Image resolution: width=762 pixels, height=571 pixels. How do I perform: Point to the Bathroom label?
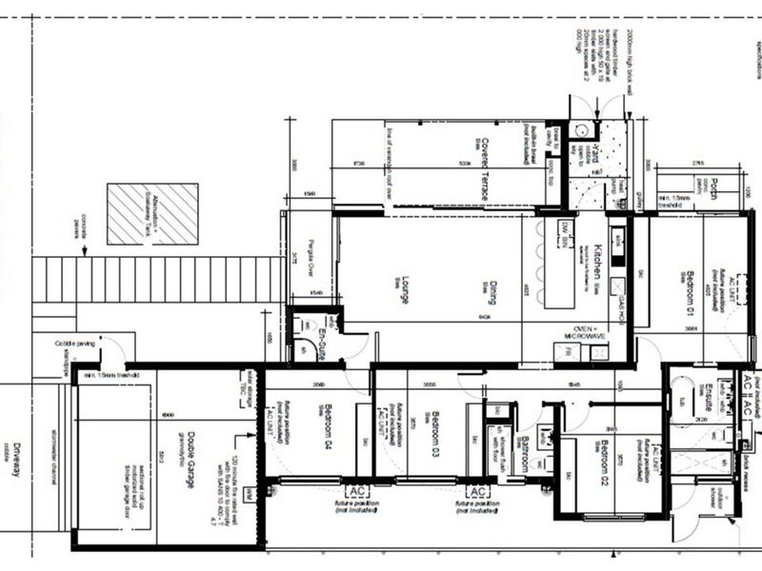pyautogui.click(x=524, y=454)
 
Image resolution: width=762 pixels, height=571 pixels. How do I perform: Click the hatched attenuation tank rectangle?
pyautogui.click(x=152, y=214)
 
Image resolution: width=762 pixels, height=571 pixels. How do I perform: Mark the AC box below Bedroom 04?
pyautogui.click(x=358, y=489)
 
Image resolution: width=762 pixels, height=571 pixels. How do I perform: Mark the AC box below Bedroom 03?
pyautogui.click(x=478, y=490)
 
